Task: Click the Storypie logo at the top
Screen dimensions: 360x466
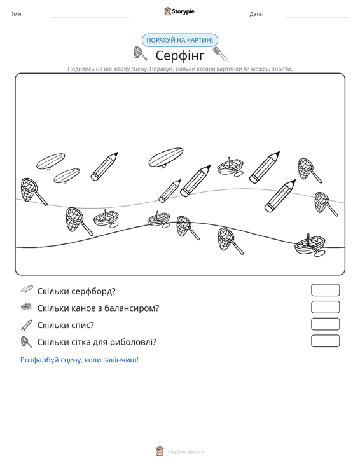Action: click(179, 11)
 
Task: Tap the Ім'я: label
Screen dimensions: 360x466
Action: click(17, 14)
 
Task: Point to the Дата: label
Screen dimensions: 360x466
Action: click(256, 14)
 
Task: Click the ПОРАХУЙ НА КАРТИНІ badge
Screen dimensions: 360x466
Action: click(179, 40)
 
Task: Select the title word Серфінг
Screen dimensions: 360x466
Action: click(180, 55)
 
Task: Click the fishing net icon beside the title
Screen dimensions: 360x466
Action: click(140, 53)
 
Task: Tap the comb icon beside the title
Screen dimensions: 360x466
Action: click(219, 53)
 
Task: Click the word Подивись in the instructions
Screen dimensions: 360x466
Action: click(78, 69)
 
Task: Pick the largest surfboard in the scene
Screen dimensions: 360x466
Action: click(166, 157)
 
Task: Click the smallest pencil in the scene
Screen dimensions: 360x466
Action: click(170, 191)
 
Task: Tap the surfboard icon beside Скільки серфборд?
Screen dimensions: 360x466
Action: click(27, 289)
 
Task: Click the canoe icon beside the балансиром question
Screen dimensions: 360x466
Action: click(27, 306)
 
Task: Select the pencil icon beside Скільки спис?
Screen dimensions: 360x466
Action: click(27, 325)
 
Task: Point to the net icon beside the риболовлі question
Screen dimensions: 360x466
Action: click(27, 342)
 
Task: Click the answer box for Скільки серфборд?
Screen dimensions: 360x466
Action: click(325, 290)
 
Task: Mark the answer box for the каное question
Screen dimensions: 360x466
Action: click(325, 307)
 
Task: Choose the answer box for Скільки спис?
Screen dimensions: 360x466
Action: click(325, 324)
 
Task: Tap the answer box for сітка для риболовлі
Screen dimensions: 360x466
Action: click(325, 341)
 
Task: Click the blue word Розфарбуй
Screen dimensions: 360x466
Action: click(39, 360)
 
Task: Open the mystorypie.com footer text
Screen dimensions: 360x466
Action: click(184, 452)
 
